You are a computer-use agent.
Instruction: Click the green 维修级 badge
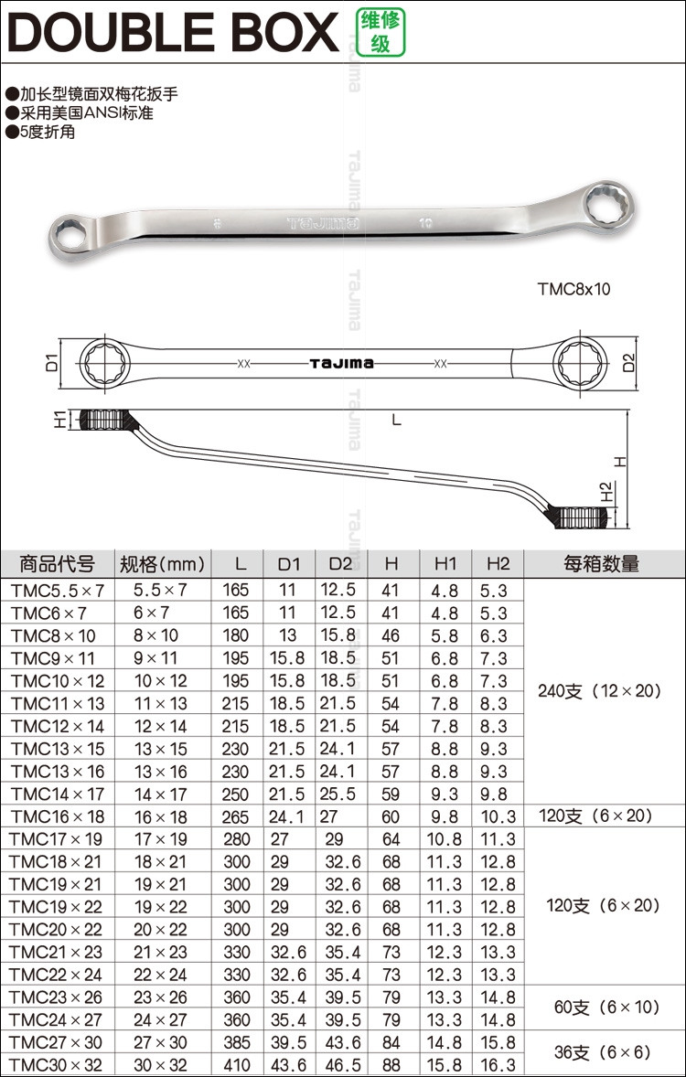381,32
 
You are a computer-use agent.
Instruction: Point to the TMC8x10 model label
573,289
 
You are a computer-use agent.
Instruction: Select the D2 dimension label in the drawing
628,362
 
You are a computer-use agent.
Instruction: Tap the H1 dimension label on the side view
60,419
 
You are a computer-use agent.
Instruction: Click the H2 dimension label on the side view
606,492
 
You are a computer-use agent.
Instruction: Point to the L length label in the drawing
396,419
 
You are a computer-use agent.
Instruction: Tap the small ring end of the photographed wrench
70,236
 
